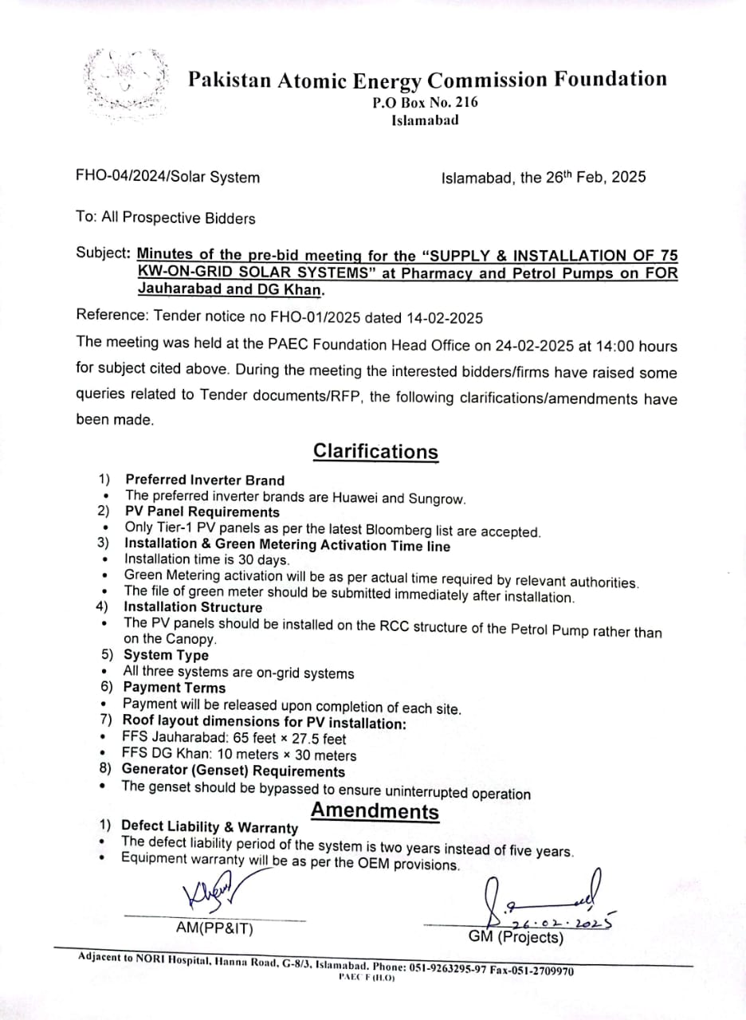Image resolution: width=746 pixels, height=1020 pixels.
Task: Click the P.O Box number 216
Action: [x=463, y=102]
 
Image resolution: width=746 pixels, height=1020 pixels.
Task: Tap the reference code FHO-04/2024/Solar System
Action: [x=167, y=178]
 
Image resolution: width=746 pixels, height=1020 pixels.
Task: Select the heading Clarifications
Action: [x=375, y=451]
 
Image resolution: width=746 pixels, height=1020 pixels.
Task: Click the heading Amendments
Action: [x=375, y=811]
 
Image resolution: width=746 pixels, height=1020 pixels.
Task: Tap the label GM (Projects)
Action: [x=516, y=937]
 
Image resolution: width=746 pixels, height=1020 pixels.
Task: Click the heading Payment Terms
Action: [x=174, y=687]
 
